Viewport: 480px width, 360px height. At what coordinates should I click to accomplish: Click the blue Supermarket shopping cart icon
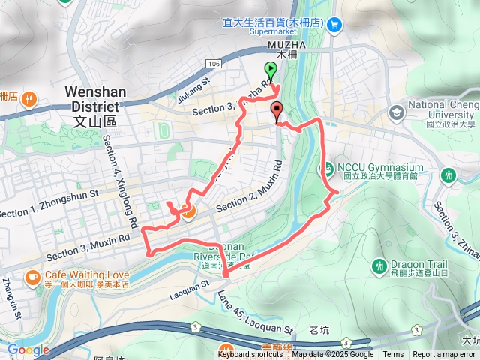[x=334, y=24]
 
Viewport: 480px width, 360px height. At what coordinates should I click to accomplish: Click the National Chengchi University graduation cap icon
[x=396, y=112]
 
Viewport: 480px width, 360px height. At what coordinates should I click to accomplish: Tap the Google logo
[x=28, y=349]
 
